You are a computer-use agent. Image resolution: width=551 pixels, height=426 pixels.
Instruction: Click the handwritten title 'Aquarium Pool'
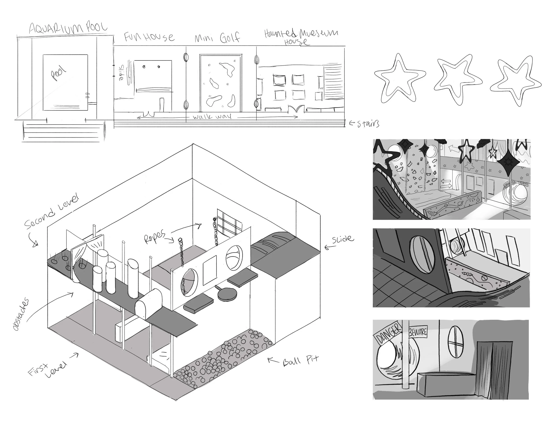point(68,28)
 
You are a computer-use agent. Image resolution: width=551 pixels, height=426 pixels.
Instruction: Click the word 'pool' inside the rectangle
point(59,73)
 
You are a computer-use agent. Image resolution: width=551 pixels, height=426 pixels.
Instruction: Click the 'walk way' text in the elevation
point(212,117)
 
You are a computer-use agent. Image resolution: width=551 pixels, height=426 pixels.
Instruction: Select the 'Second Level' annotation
point(52,212)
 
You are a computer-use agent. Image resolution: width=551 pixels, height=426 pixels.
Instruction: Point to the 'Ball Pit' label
point(300,361)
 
